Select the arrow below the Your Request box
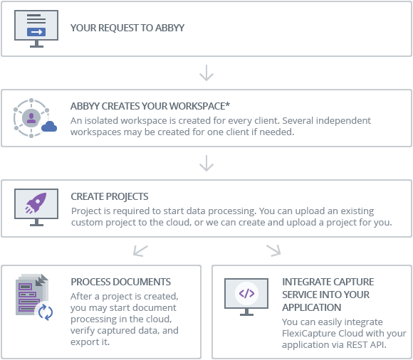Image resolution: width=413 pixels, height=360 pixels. [x=206, y=73]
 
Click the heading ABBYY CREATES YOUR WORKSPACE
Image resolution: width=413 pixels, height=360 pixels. [x=150, y=106]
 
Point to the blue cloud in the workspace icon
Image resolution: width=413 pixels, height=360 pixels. [x=49, y=127]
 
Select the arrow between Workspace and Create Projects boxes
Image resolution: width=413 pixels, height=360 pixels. [x=206, y=164]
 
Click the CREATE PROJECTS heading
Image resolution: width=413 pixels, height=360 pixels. [x=110, y=196]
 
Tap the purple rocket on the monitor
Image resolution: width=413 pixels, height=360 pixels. [x=36, y=204]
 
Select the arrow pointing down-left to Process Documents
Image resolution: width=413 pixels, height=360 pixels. [x=141, y=250]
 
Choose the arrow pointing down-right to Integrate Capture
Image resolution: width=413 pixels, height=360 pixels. [x=273, y=250]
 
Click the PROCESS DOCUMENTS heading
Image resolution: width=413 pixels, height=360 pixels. [x=121, y=282]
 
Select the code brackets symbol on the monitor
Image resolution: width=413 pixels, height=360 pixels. [x=246, y=292]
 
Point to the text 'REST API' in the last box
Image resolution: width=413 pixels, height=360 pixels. [x=366, y=345]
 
